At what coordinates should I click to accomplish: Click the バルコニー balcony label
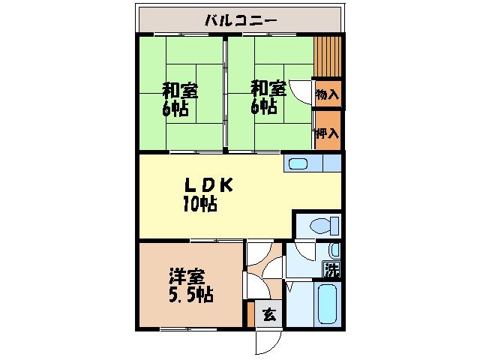click(x=240, y=19)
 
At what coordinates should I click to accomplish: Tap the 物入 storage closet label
click(x=328, y=94)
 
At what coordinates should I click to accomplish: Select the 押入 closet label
click(x=328, y=133)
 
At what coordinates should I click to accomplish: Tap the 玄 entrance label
click(x=269, y=315)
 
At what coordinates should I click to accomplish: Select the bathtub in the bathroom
click(x=328, y=305)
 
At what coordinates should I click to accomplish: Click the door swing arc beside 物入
click(x=301, y=91)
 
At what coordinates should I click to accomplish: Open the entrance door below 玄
click(x=266, y=341)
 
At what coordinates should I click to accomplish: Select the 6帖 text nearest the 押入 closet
click(x=263, y=107)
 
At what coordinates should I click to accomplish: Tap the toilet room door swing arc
click(x=304, y=250)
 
